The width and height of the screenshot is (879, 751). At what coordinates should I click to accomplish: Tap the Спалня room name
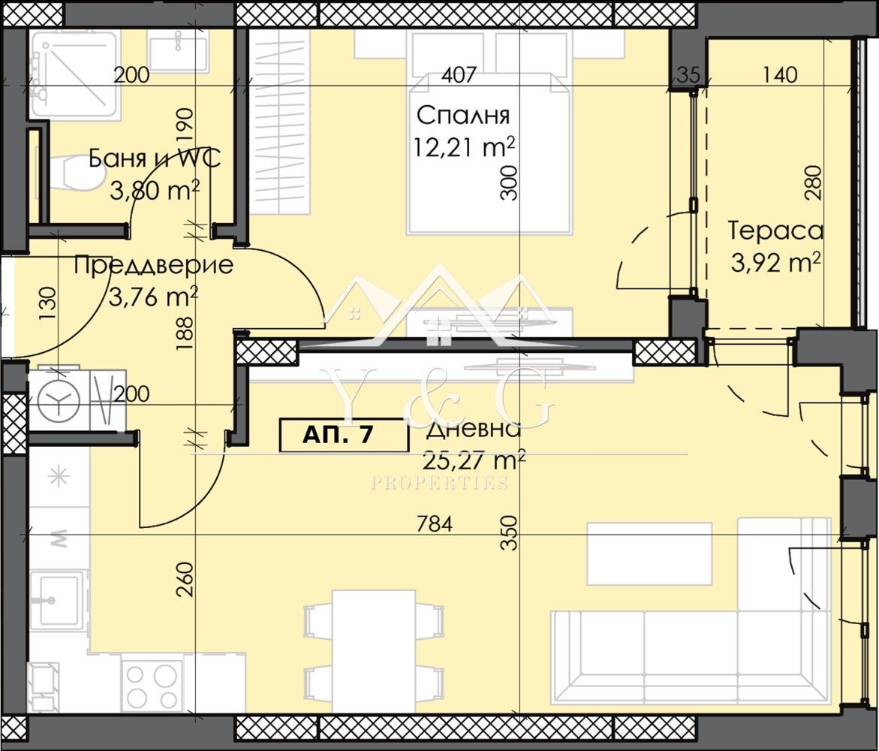click(x=463, y=116)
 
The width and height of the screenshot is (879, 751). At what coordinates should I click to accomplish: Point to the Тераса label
click(x=775, y=231)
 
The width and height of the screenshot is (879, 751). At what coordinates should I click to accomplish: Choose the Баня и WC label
click(x=154, y=158)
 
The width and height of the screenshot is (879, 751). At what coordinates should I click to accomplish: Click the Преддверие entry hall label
click(x=154, y=265)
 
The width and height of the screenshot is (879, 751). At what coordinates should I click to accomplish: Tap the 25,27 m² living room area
click(x=473, y=457)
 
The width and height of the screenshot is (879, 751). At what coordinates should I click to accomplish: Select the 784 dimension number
click(x=435, y=524)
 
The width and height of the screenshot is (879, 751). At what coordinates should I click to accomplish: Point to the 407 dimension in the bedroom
click(x=459, y=75)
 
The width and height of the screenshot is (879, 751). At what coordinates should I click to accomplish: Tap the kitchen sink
click(x=57, y=599)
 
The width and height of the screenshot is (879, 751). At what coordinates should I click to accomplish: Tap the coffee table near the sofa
click(x=649, y=553)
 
